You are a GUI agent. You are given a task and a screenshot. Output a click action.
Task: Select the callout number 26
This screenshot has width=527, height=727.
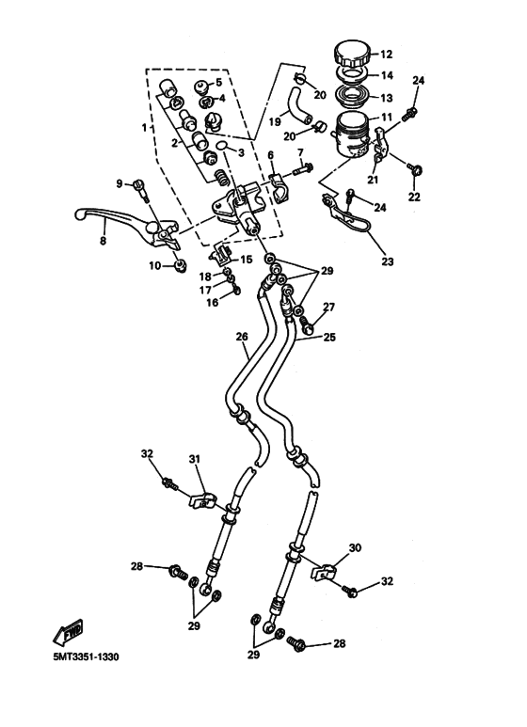tap(242, 337)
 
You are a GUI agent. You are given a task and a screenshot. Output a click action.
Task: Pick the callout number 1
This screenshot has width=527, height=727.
tap(145, 126)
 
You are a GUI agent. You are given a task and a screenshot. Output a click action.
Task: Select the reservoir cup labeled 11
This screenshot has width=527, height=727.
tap(353, 132)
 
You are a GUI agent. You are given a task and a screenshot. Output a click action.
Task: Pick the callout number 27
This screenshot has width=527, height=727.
tap(329, 308)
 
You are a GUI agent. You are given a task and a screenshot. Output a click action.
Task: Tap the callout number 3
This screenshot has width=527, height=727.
tap(240, 153)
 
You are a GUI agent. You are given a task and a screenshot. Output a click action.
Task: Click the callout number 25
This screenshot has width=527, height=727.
tap(328, 336)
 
